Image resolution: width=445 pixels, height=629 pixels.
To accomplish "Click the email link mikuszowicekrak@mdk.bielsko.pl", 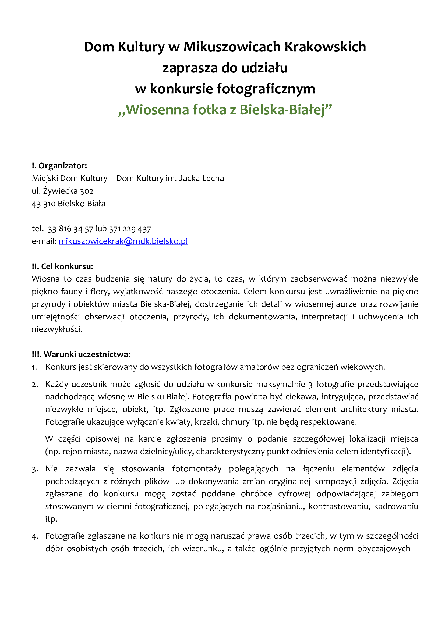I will click(x=123, y=241).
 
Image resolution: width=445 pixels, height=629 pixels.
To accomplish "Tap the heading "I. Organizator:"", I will click(x=59, y=165).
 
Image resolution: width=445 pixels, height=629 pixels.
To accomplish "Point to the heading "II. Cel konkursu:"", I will click(x=62, y=266).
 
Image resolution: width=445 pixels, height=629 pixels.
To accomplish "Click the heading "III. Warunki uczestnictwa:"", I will click(x=81, y=354).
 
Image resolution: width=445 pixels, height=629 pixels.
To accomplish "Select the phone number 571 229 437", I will click(x=130, y=229).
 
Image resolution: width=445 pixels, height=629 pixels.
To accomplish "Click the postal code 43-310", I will click(x=44, y=204).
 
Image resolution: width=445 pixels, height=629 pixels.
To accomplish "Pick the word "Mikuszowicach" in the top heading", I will click(x=232, y=47).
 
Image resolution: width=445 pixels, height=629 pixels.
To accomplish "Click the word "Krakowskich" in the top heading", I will click(x=325, y=47).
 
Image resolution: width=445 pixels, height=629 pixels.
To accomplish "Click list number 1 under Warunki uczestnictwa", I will click(x=34, y=367).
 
